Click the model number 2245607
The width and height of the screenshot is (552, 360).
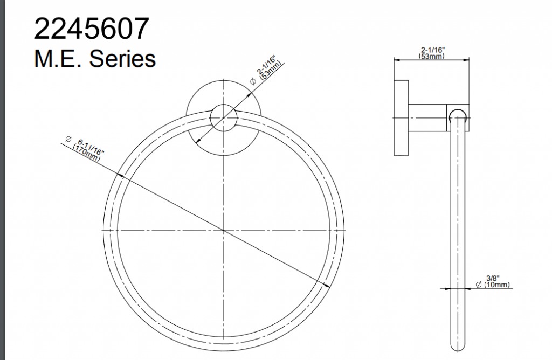pyautogui.click(x=92, y=29)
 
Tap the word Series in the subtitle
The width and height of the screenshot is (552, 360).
pyautogui.click(x=122, y=58)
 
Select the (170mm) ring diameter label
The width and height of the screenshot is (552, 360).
pyautogui.click(x=86, y=153)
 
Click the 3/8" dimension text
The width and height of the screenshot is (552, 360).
pyautogui.click(x=493, y=279)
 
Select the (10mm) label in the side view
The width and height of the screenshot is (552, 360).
pyautogui.click(x=496, y=285)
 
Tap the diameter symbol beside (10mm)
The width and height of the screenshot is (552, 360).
pyautogui.click(x=479, y=285)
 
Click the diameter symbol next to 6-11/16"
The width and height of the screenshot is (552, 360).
pyautogui.click(x=68, y=139)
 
